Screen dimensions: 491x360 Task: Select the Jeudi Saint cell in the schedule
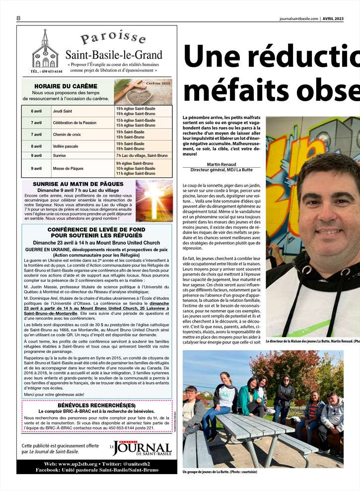coord(62,111)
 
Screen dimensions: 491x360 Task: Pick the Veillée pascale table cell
coord(66,146)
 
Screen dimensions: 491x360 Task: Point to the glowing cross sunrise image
coord(154,201)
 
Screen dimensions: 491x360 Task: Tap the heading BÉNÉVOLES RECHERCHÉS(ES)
coord(96,405)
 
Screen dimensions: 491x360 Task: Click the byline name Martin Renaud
coord(221,164)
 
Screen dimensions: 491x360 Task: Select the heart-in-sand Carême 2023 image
coord(144,91)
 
